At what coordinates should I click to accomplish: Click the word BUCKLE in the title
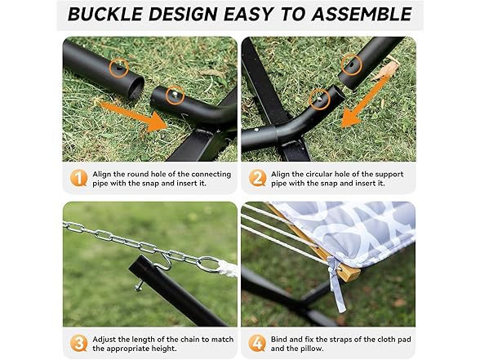point(105,15)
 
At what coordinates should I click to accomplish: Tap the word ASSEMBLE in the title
point(362,15)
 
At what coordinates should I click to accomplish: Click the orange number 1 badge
point(78,178)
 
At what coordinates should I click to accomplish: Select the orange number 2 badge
point(257,178)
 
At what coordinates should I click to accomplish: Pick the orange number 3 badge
point(78,344)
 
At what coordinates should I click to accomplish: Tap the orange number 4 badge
point(257,344)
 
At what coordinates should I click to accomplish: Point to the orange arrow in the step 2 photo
point(364,101)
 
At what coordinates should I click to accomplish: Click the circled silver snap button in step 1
point(175,95)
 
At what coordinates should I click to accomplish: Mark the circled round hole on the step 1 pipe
point(119,67)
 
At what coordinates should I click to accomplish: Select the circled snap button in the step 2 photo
point(319,100)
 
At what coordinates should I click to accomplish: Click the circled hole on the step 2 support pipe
point(352,65)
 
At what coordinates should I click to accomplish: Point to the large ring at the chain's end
point(209,264)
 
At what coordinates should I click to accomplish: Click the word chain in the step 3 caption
point(189,340)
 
